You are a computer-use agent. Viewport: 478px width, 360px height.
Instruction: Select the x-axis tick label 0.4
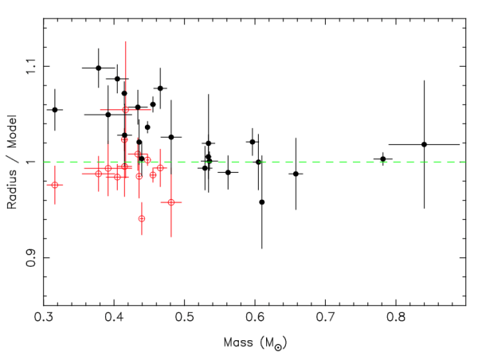click(x=114, y=319)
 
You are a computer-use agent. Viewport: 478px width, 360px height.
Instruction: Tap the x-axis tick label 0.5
click(x=185, y=319)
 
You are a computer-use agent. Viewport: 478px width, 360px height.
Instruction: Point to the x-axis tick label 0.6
click(x=255, y=319)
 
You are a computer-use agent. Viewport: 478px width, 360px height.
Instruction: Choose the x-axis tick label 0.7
click(x=326, y=319)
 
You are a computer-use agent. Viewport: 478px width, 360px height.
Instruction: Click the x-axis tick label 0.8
click(x=396, y=319)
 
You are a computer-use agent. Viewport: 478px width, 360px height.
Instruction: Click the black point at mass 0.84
click(x=424, y=144)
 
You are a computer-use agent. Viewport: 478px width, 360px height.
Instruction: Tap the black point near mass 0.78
click(x=383, y=158)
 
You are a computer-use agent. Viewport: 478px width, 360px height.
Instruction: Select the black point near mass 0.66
click(x=296, y=174)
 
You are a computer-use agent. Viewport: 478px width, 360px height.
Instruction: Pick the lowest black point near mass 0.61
click(x=262, y=202)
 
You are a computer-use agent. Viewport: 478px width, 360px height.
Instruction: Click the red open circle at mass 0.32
click(x=55, y=185)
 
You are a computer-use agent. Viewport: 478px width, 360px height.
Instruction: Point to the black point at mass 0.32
click(x=55, y=109)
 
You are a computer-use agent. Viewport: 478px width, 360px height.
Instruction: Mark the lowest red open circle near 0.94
click(x=142, y=218)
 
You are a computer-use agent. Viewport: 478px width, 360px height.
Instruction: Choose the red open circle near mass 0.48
click(x=171, y=202)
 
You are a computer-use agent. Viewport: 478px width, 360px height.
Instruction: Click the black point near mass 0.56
click(x=228, y=172)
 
